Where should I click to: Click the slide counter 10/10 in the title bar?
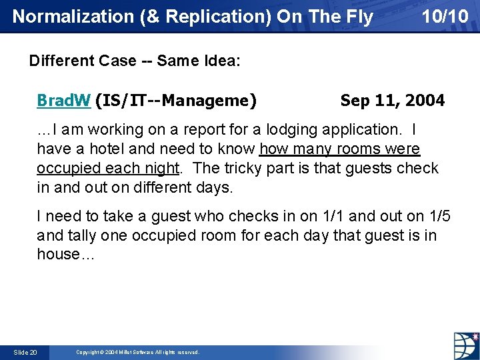pos(445,16)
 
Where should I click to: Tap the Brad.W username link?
pos(63,101)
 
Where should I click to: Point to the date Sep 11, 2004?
pos(392,101)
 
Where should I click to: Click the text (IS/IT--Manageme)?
pos(176,101)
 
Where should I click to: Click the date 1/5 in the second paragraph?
pos(437,216)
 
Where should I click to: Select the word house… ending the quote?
pos(66,254)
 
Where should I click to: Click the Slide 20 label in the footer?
pos(25,352)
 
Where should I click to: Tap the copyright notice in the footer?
pos(137,352)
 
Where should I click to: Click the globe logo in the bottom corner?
pos(465,345)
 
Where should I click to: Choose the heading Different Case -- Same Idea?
pos(135,61)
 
